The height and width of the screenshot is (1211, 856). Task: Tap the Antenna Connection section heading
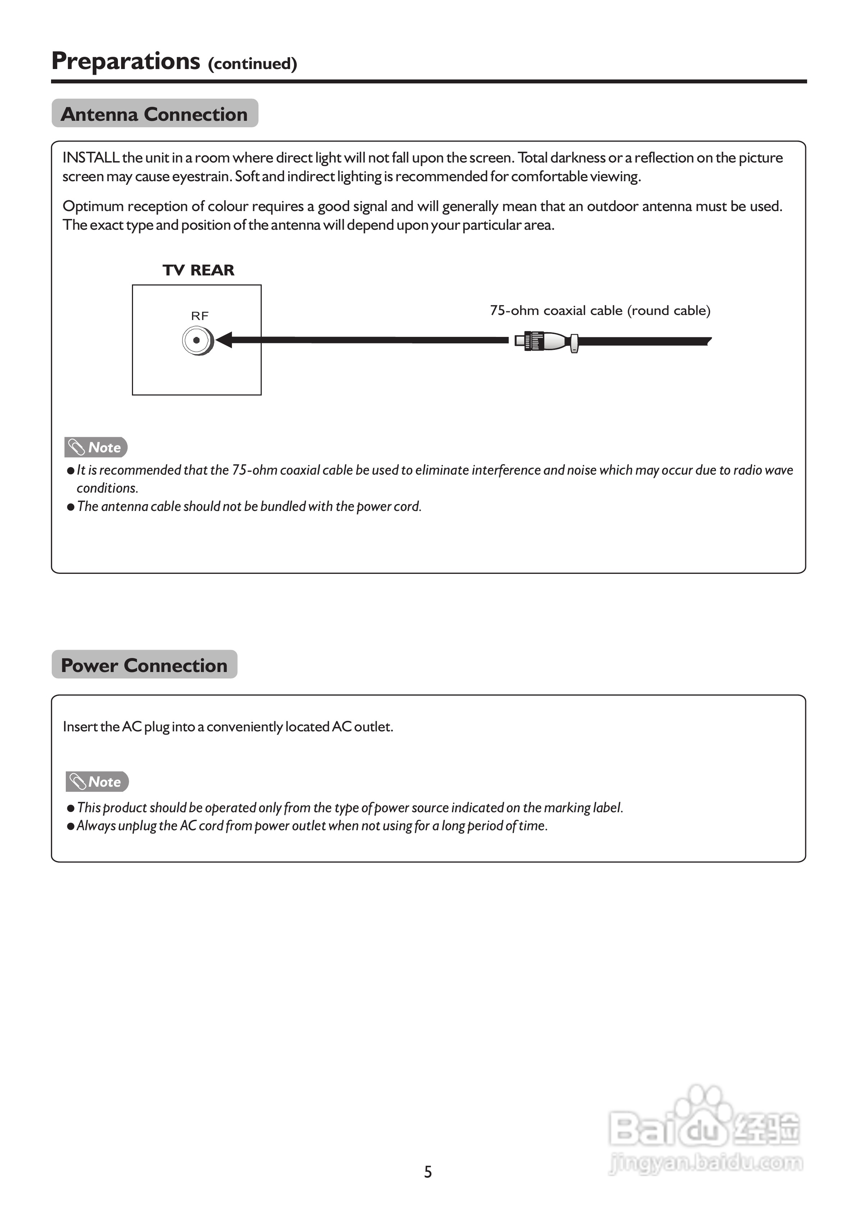point(154,114)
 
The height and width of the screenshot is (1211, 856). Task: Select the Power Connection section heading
point(144,665)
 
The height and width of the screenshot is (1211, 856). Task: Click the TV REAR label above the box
point(198,270)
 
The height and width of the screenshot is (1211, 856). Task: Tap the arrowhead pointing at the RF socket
point(224,340)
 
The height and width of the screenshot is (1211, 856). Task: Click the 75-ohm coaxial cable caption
point(600,310)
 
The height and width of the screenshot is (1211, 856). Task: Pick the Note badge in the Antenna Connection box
point(96,447)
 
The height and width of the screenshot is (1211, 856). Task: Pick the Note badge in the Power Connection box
point(97,782)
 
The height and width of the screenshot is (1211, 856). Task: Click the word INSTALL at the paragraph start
point(91,158)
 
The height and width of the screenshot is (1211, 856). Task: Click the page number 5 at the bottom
point(428,1172)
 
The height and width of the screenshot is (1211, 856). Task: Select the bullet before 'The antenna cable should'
point(71,507)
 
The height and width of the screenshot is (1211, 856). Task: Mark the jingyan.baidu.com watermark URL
point(706,1163)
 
